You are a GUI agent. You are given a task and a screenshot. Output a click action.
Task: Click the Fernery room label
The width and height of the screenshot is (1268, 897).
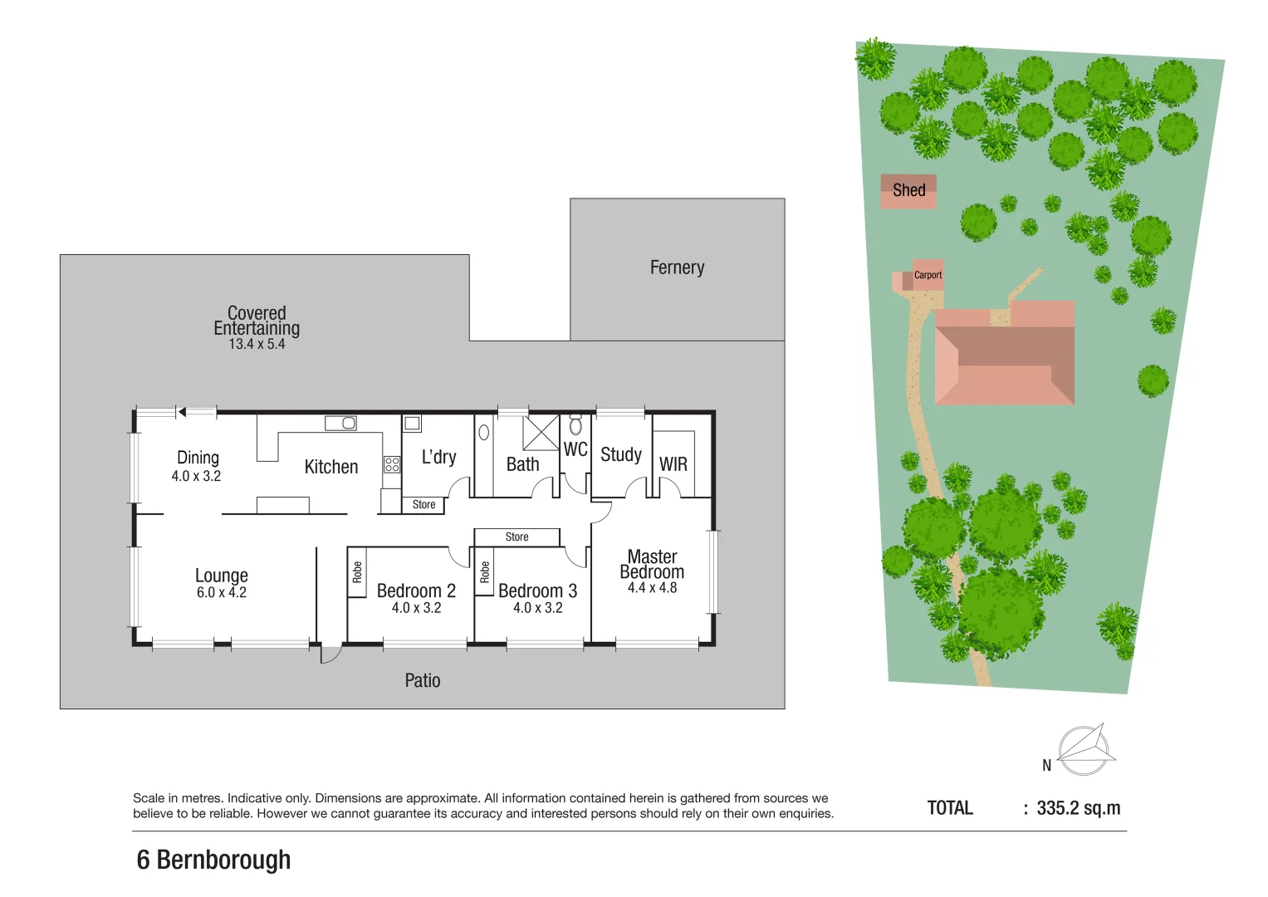click(x=677, y=267)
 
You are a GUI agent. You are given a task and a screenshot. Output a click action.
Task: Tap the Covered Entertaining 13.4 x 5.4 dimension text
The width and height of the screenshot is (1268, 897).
click(x=257, y=344)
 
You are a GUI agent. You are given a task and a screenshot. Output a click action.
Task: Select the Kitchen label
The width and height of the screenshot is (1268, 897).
click(x=331, y=467)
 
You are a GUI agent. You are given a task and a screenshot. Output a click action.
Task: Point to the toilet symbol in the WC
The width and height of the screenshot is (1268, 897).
click(x=575, y=427)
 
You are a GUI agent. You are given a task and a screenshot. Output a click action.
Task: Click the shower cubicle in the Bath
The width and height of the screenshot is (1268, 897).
click(x=541, y=433)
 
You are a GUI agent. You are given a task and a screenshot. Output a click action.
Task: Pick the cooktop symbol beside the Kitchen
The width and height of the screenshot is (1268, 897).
click(x=392, y=464)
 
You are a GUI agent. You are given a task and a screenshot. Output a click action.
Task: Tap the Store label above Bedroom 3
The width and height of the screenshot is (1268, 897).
click(x=517, y=537)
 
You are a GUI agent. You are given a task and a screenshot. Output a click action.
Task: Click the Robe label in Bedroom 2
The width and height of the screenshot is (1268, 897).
click(x=357, y=571)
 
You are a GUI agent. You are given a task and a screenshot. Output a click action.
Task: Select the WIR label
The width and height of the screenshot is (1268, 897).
click(x=673, y=464)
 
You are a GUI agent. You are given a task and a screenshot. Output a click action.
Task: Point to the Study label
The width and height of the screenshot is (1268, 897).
click(x=621, y=454)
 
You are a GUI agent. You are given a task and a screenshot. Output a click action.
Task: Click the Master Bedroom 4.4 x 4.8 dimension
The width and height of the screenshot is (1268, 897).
click(x=652, y=588)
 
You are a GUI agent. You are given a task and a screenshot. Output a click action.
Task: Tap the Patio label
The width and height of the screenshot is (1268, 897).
click(x=423, y=681)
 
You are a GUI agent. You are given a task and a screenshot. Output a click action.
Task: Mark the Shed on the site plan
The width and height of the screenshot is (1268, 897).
click(x=908, y=190)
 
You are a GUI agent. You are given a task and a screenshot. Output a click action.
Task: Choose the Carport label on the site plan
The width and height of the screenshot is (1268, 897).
click(x=928, y=275)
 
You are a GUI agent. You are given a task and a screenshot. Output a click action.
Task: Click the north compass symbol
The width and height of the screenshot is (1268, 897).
click(x=1084, y=749)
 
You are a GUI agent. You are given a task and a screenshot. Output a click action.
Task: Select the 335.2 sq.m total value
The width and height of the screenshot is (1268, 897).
click(x=1079, y=808)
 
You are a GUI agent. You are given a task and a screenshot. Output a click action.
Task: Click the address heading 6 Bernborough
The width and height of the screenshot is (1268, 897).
click(x=213, y=860)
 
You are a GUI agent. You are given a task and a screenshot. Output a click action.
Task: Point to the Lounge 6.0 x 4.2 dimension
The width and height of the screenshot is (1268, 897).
click(x=222, y=593)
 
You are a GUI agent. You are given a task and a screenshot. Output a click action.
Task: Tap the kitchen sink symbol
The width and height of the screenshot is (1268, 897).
click(x=340, y=424)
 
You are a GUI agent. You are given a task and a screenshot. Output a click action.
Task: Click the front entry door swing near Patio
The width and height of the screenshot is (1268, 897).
click(x=330, y=654)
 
